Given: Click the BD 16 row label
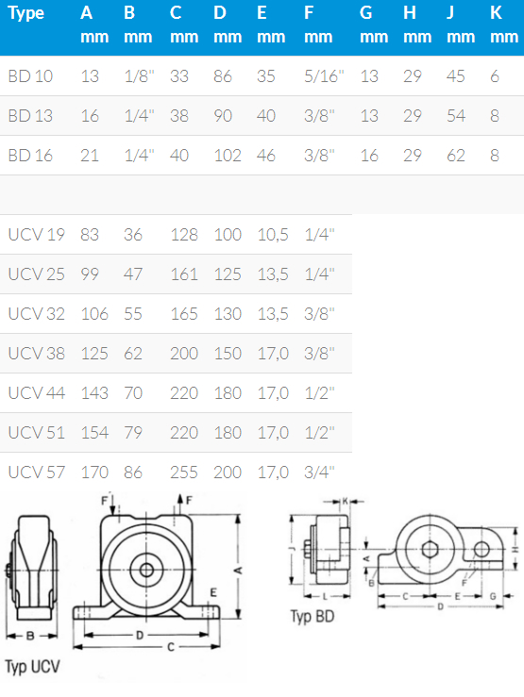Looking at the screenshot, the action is point(30,156).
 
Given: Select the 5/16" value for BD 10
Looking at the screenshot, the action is point(324,76).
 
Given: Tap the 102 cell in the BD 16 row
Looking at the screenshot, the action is point(228,156).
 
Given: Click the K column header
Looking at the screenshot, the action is point(496,13).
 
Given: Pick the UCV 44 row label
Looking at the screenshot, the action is point(37,393).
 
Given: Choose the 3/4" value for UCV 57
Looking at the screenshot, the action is point(319,473).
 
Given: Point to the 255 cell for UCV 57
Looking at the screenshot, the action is point(184,473).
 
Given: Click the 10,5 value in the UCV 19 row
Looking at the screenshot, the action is point(273,235).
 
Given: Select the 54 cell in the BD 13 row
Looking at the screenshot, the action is point(455,116).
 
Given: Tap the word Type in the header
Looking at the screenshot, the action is point(25,13).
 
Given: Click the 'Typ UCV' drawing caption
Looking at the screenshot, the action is point(32,667).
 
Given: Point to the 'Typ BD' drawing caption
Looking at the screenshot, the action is point(313,617).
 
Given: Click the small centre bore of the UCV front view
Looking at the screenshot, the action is point(146,570).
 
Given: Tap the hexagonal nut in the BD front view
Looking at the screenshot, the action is point(430,550).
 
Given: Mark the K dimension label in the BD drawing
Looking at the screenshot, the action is point(346,502).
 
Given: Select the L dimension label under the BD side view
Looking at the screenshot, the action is point(325,596).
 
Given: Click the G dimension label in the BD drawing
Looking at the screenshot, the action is point(493,596).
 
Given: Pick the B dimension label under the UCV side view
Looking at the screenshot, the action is point(30,636).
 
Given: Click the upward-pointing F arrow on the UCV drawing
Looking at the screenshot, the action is point(180,504).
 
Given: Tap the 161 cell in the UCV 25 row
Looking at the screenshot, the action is point(184,274).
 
